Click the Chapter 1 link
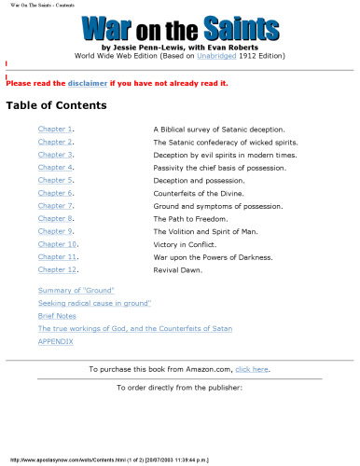pos(54,128)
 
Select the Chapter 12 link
pos(56,269)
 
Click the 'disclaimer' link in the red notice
pos(87,83)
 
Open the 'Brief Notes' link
pos(57,316)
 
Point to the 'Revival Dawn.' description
pos(178,269)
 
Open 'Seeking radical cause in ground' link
pos(94,304)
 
